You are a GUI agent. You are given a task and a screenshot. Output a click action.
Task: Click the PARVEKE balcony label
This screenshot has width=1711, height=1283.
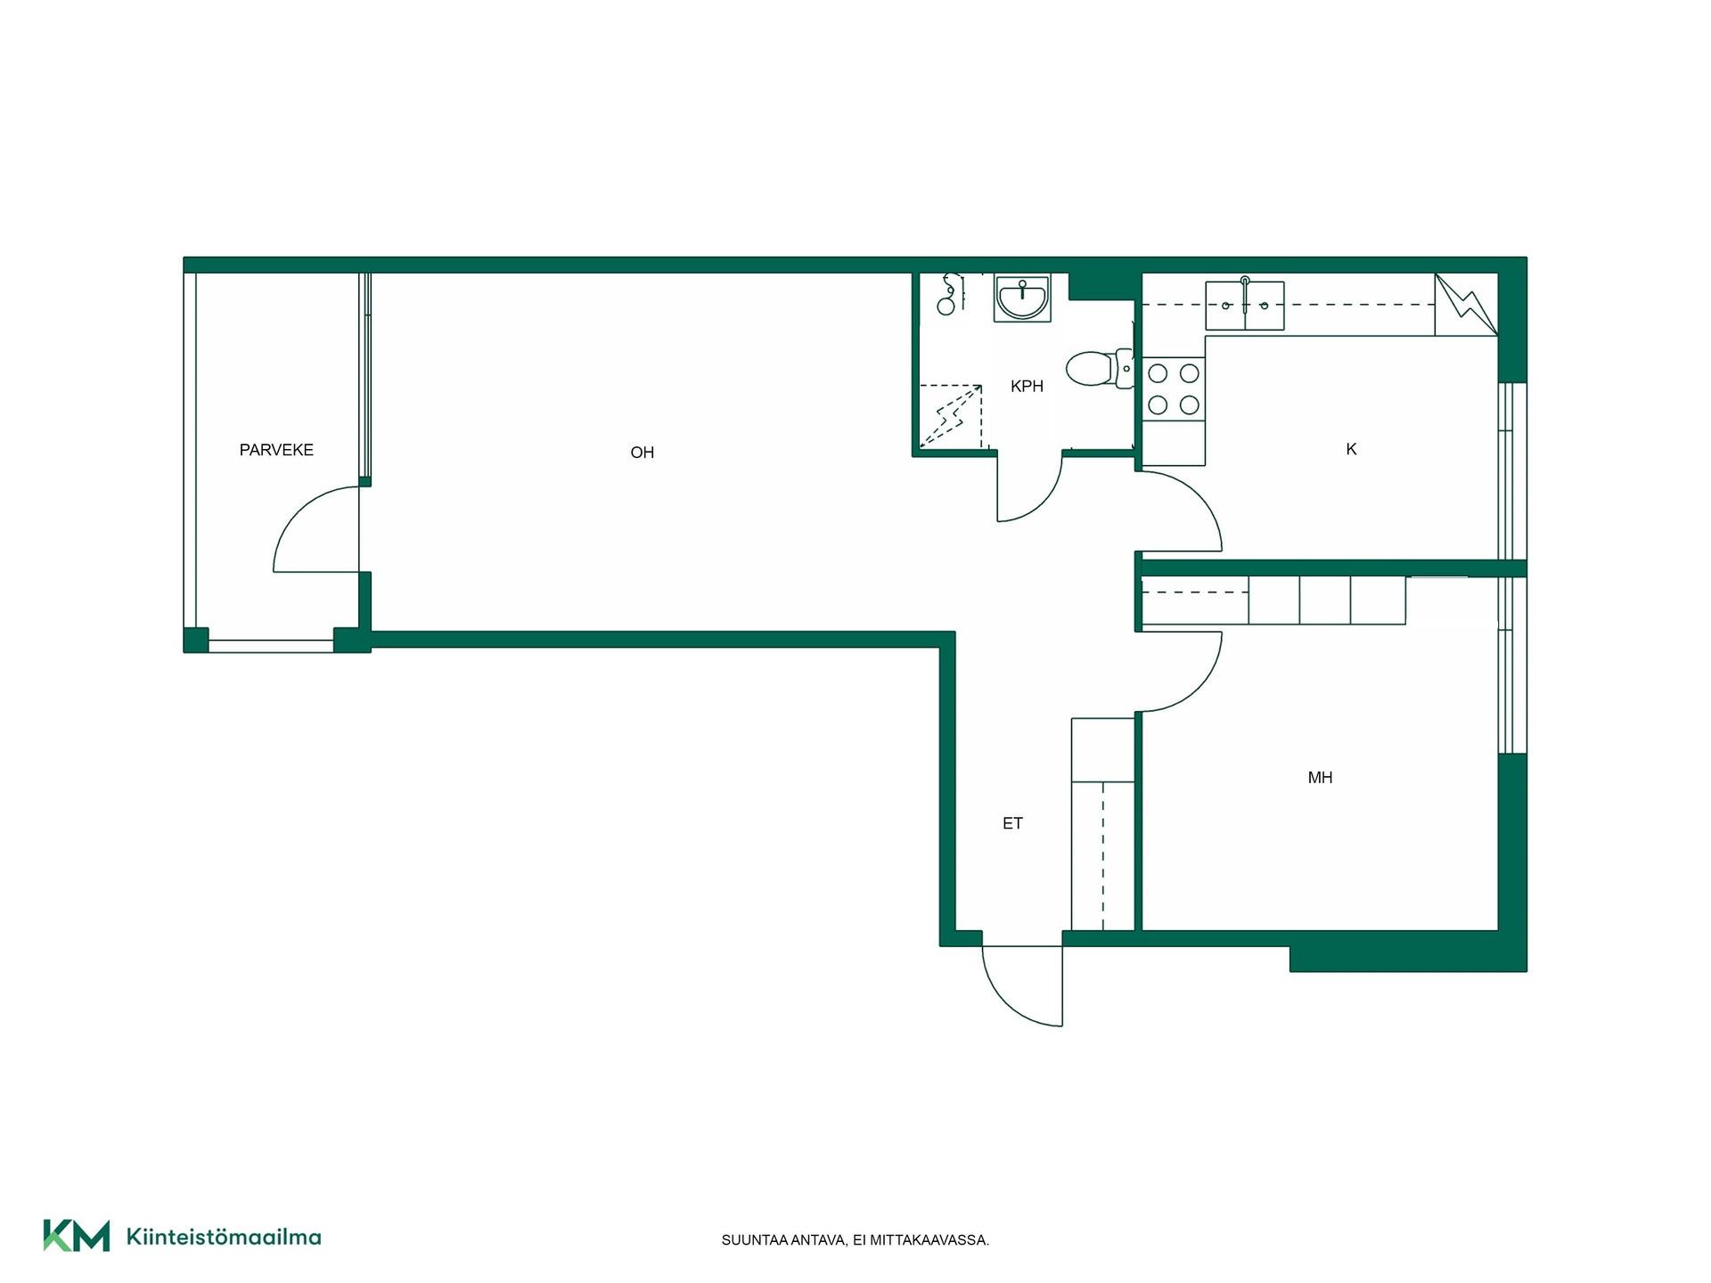pos(276,450)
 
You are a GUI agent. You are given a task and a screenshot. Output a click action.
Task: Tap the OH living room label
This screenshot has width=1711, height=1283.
pos(643,453)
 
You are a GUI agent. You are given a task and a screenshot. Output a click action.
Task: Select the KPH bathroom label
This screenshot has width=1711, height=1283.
pos(1027,387)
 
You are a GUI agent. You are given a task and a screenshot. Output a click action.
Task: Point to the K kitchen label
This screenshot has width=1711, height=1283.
pos(1351,449)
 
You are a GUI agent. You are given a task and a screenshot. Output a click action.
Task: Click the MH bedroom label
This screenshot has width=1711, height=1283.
pos(1320,778)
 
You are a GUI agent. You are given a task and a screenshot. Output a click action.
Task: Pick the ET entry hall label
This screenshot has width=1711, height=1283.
pos(1012,823)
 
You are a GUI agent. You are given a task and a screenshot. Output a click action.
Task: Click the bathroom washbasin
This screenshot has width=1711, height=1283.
pos(1023,298)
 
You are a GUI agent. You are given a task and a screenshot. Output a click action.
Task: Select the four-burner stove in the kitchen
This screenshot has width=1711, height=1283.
pos(1174,388)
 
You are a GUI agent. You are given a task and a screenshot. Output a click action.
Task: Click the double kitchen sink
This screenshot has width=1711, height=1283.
pos(1245,306)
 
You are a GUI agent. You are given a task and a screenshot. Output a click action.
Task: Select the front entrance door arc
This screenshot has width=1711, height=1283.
pos(1004,1002)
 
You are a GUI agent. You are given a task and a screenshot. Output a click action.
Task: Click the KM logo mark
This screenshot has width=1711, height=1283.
pos(77,1235)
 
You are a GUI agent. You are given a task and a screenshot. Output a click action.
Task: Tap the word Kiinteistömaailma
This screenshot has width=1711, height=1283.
pos(224,1237)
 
